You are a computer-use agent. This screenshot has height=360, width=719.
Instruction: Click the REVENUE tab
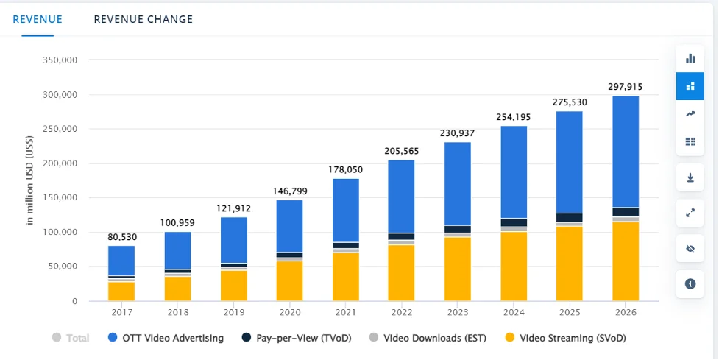[38, 19]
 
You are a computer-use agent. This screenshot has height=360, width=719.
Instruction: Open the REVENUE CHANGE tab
[143, 19]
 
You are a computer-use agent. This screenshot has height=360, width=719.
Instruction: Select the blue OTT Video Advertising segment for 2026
[626, 151]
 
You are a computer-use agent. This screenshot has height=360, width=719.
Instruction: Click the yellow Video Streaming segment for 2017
[121, 291]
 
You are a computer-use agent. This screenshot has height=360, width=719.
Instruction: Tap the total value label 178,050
[346, 169]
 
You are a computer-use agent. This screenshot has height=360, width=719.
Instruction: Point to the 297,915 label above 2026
[626, 87]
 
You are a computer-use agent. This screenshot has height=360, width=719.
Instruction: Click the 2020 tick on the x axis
[289, 313]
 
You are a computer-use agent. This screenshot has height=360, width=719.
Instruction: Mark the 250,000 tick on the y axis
[63, 129]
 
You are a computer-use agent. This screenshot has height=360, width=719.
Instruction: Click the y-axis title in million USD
[30, 180]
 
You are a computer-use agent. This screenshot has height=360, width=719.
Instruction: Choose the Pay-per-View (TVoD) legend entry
[288, 338]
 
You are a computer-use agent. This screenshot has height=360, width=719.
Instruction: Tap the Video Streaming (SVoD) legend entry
[567, 338]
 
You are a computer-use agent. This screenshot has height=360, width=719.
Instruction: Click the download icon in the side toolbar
[690, 177]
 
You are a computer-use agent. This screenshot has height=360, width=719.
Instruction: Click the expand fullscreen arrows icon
[690, 213]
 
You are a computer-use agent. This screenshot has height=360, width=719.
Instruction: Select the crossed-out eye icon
[690, 249]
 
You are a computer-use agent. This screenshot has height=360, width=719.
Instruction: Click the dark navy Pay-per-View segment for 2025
[570, 217]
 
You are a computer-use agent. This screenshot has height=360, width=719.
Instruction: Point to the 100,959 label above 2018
[177, 222]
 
